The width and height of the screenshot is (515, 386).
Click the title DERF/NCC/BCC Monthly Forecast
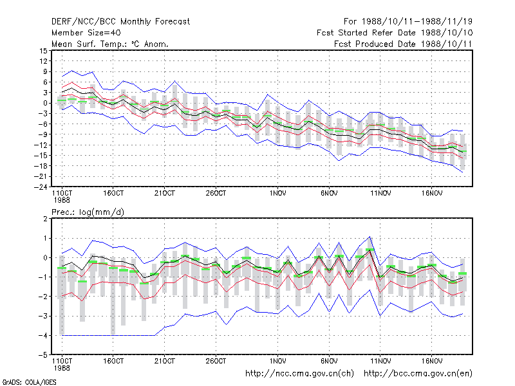pyautogui.click(x=120, y=22)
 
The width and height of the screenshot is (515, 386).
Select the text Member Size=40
pyautogui.click(x=86, y=33)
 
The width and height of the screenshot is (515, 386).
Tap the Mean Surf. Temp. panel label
pyautogui.click(x=109, y=44)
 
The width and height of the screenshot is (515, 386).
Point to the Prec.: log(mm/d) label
pyautogui.click(x=88, y=212)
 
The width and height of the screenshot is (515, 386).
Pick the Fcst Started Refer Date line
pyautogui.click(x=395, y=33)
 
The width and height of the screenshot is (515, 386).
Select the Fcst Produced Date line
pyautogui.click(x=403, y=44)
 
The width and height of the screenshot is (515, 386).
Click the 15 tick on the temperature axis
pyautogui.click(x=44, y=51)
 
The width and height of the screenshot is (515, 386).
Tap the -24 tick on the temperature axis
pyautogui.click(x=41, y=187)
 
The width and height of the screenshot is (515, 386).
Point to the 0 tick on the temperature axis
pyautogui.click(x=45, y=103)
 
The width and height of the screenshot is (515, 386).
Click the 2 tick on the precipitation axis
pyautogui.click(x=45, y=219)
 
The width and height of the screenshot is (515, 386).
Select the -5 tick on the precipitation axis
pyautogui.click(x=42, y=355)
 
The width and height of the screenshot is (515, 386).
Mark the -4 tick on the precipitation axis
pyautogui.click(x=42, y=335)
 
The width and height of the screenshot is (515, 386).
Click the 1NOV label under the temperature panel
pyautogui.click(x=278, y=194)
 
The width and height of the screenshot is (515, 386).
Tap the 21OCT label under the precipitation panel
pyautogui.click(x=165, y=361)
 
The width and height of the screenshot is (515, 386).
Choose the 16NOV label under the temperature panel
pyautogui.click(x=432, y=194)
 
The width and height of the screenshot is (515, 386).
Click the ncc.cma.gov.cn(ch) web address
pyautogui.click(x=299, y=374)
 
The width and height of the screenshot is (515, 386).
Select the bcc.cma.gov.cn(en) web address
pyautogui.click(x=418, y=374)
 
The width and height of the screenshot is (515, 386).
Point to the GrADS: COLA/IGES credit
pyautogui.click(x=29, y=382)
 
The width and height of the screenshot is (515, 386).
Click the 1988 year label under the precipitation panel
pyautogui.click(x=62, y=368)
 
